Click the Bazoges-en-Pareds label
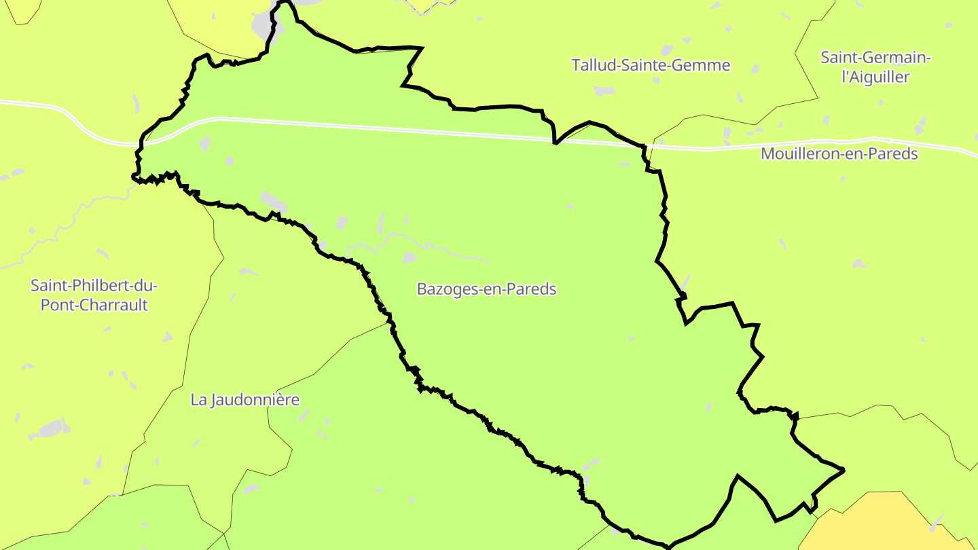point(486,289)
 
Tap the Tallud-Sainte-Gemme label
point(651,65)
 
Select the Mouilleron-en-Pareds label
point(839,153)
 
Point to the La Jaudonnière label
point(244,399)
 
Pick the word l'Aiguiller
point(875,77)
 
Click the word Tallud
point(591,65)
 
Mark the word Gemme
point(706,65)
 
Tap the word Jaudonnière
point(255,399)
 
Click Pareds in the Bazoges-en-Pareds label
point(532,289)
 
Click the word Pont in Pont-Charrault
point(54,305)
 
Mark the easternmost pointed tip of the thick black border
point(844,470)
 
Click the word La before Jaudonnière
point(198,399)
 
